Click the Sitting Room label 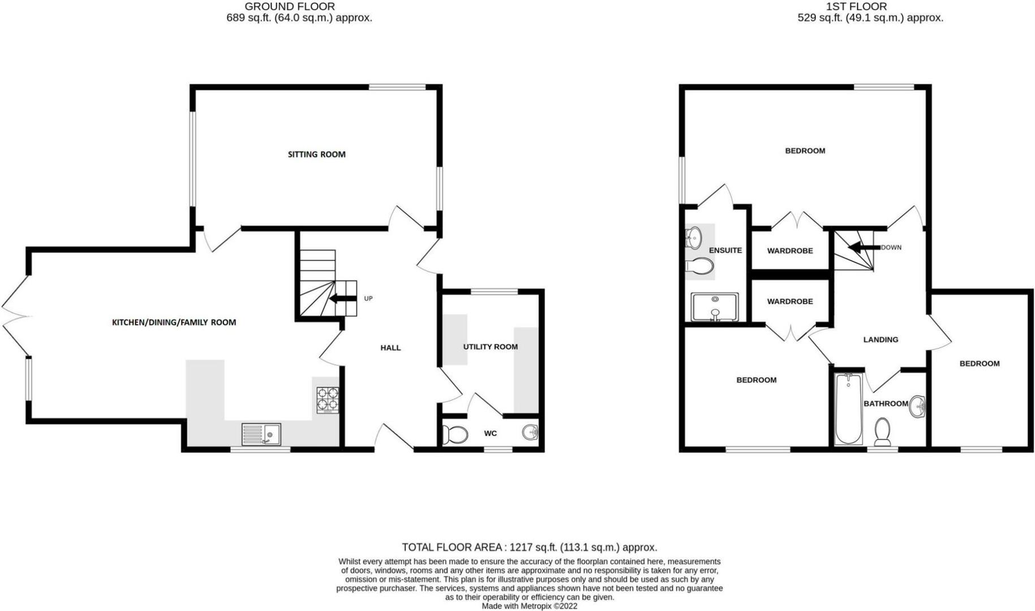pos(316,154)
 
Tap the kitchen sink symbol pos(261,434)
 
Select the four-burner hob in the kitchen pos(328,399)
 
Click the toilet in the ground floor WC pos(455,434)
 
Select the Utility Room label pos(490,347)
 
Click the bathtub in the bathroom pos(848,408)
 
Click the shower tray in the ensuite pos(715,307)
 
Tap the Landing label pos(881,340)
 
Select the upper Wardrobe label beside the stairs pos(789,251)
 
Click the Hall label pos(390,348)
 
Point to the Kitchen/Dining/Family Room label pos(174,322)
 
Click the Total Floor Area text pos(529,547)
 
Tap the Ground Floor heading pos(289,7)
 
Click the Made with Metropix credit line pos(529,606)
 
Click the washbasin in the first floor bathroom pos(917,406)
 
